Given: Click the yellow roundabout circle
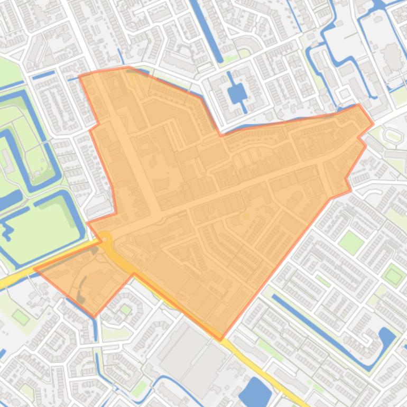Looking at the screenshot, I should click(106, 239).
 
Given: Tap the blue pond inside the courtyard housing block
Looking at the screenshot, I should click(236, 94).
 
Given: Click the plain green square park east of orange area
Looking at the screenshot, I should click(351, 242).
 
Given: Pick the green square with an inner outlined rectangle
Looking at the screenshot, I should click(393, 275).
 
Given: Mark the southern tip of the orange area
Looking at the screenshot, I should click(220, 339).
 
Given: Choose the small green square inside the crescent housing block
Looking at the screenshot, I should click(125, 309).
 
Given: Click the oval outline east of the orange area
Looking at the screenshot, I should click(392, 121).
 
